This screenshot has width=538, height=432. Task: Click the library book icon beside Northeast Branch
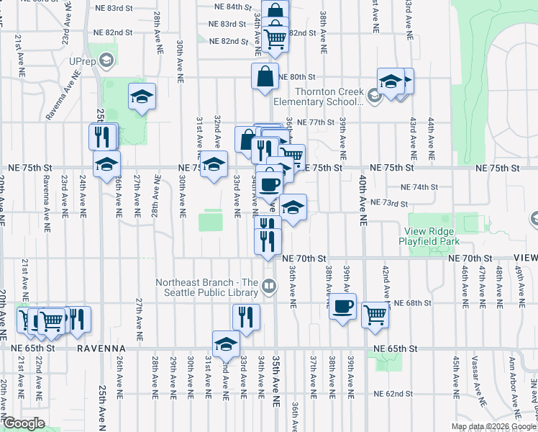click(269, 287)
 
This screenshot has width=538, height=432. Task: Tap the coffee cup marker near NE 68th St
click(343, 306)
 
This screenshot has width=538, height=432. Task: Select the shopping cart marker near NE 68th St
click(375, 312)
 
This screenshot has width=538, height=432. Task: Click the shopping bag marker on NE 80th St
click(265, 76)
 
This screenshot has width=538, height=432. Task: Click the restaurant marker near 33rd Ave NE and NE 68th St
click(246, 317)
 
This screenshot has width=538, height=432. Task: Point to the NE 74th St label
click(419, 187)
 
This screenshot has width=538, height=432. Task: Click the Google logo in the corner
click(24, 423)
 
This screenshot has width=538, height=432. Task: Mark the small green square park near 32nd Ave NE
click(211, 220)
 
